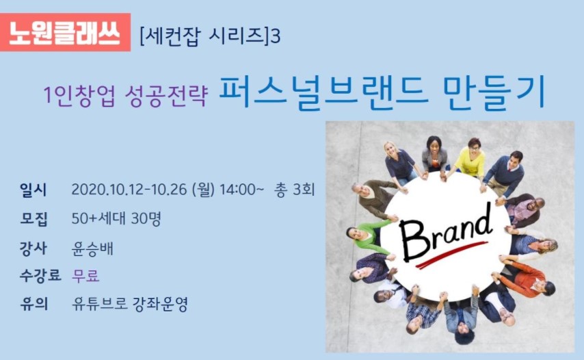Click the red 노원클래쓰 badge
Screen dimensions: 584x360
click(65, 32)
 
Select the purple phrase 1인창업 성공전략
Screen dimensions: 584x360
click(125, 95)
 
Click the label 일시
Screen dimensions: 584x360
click(33, 190)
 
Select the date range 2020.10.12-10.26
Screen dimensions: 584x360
click(129, 190)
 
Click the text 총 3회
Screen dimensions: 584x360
click(294, 190)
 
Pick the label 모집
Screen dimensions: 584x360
click(34, 219)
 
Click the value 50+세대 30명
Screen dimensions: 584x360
click(116, 219)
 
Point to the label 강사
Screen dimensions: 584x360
click(33, 248)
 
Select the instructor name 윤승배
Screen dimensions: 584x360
click(92, 248)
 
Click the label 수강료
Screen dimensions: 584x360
click(40, 276)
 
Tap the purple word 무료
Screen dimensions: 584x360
click(85, 276)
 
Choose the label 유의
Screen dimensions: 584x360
click(34, 304)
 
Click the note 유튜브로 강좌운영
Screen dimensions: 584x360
click(130, 304)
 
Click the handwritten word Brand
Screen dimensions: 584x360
click(446, 232)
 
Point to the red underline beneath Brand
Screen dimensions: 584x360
click(451, 255)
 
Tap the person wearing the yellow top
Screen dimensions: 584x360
click(470, 158)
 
